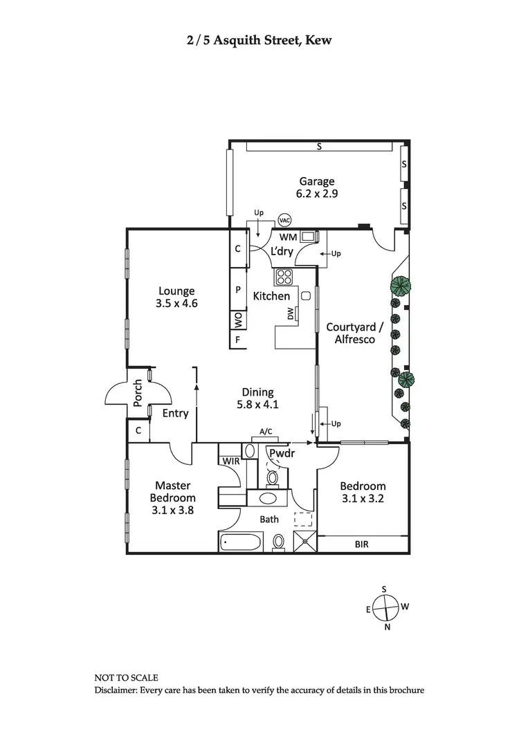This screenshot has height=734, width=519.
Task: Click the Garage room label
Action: tap(317, 182)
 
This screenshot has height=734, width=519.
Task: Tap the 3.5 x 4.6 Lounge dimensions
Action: tap(176, 303)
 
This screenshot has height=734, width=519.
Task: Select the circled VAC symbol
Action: tap(284, 220)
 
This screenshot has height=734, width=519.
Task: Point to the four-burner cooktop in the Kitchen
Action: tap(285, 277)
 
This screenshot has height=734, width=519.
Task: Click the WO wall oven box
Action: tap(238, 321)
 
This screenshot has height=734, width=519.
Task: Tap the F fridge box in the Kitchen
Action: tap(238, 340)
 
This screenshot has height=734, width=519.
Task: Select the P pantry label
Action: tap(238, 290)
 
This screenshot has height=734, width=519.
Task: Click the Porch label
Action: tap(138, 393)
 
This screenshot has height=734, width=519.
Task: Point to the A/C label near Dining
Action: tap(266, 432)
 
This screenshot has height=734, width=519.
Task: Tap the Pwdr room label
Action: tap(283, 455)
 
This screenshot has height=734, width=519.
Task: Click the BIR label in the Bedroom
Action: tap(361, 544)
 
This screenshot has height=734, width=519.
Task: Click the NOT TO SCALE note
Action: tap(127, 679)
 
